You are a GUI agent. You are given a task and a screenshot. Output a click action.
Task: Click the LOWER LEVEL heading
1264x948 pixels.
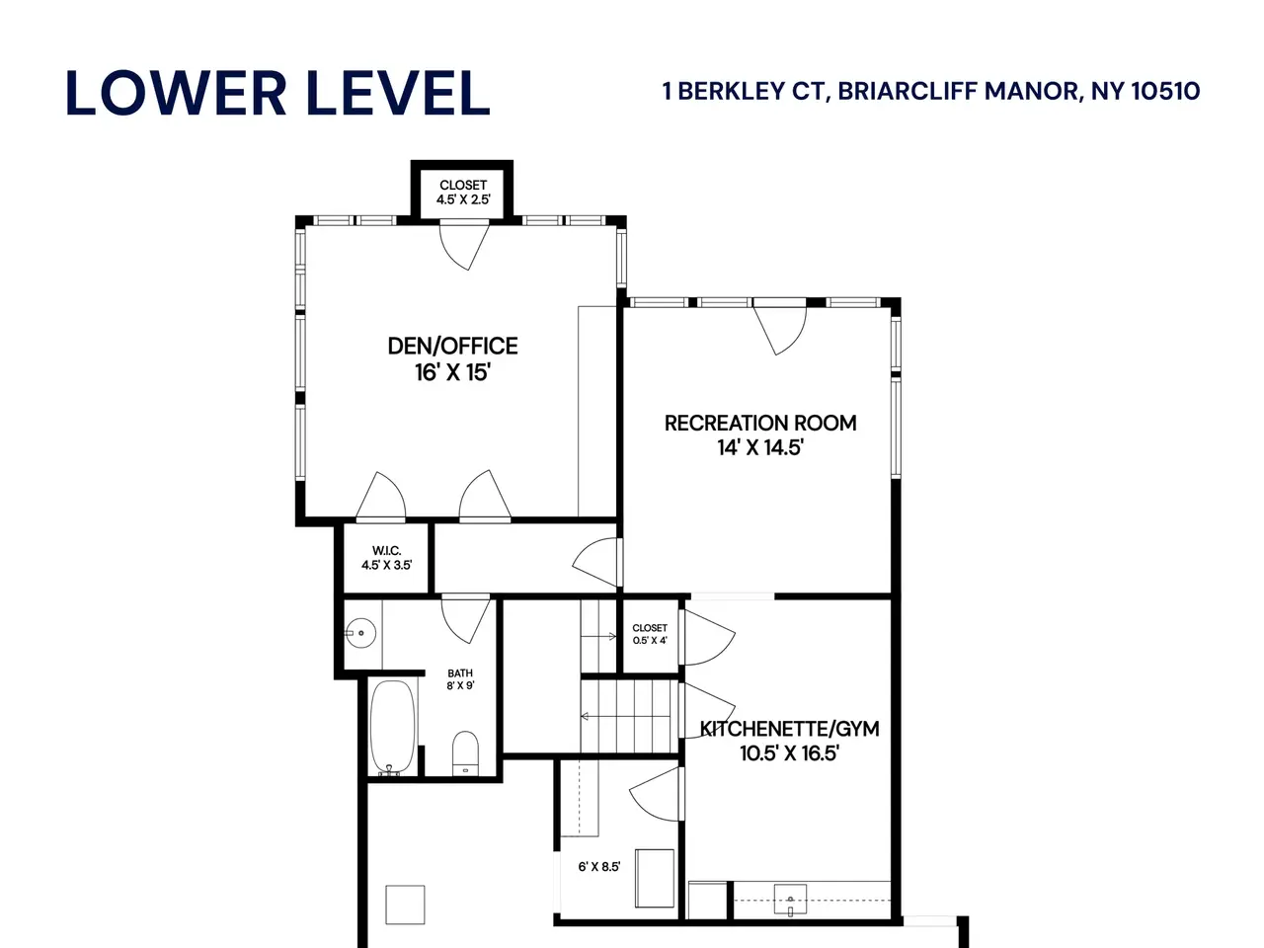(277, 93)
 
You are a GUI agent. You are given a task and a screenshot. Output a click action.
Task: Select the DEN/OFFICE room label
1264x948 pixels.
(452, 346)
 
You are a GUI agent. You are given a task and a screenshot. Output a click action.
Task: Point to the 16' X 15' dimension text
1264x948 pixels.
(452, 372)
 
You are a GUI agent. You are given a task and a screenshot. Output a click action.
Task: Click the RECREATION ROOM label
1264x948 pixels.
(760, 423)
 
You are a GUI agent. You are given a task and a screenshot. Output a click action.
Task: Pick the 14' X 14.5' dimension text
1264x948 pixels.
(760, 447)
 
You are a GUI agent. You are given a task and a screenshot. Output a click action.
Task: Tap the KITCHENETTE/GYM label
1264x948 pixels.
(789, 729)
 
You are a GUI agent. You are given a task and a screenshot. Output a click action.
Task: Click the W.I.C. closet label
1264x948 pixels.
(386, 551)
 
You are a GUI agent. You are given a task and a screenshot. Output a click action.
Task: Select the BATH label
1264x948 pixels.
(460, 672)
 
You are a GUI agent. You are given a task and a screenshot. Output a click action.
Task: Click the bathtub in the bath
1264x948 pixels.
(392, 728)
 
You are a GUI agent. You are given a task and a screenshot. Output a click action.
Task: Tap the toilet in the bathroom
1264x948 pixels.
(465, 753)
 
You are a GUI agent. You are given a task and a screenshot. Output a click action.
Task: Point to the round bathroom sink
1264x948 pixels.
(360, 633)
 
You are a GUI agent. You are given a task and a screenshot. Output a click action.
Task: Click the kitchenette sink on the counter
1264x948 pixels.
(790, 902)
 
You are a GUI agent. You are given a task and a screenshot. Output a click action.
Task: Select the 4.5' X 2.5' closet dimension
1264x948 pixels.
(463, 199)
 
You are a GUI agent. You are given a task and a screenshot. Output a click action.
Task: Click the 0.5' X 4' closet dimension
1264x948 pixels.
(650, 640)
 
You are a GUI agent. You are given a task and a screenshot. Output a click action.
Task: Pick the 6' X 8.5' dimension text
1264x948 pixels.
(598, 866)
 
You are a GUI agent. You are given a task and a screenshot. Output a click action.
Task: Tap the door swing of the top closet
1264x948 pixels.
(464, 246)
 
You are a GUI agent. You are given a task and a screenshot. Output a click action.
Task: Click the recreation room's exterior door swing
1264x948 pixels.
(779, 331)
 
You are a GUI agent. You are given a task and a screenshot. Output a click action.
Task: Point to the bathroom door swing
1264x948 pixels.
(466, 621)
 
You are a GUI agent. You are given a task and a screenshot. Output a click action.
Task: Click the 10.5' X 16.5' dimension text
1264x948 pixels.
(789, 752)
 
